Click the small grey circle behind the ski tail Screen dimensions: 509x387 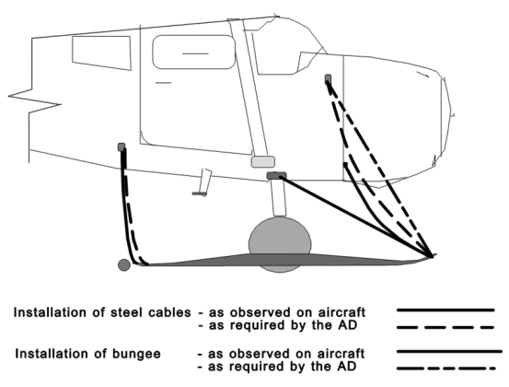[124, 264]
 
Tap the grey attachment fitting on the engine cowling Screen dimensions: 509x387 [328, 78]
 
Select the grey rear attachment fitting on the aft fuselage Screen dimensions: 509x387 [121, 147]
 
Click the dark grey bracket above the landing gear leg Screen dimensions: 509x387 [276, 176]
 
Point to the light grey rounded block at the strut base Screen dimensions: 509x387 [263, 162]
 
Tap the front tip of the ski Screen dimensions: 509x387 [435, 255]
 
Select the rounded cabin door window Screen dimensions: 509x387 [194, 52]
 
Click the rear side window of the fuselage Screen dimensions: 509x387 [101, 53]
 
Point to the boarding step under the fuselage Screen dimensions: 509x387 [202, 183]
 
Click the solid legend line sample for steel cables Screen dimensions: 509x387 [445, 311]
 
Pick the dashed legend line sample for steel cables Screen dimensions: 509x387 [445, 327]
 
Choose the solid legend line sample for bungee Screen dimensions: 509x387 [449, 351]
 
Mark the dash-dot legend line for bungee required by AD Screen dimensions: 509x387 [446, 369]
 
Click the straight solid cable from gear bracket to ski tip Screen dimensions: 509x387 [356, 217]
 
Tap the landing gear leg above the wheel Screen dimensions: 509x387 [279, 197]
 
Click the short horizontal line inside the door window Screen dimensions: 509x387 [195, 53]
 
